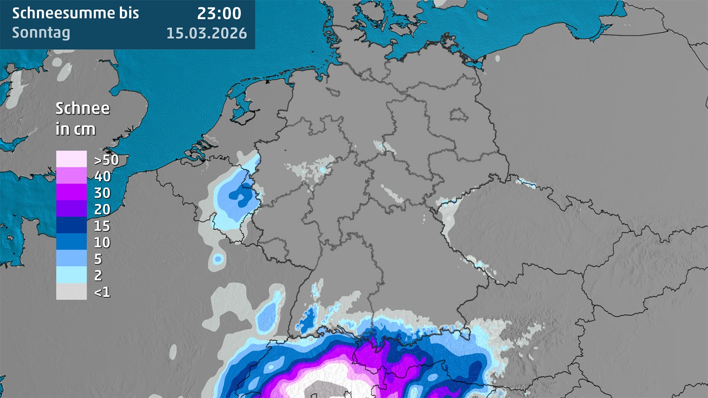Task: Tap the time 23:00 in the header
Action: pyautogui.click(x=219, y=13)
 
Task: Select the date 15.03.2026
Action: pyautogui.click(x=206, y=33)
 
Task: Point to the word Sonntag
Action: pyautogui.click(x=41, y=33)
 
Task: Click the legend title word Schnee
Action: pyautogui.click(x=82, y=108)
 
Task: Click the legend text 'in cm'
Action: pyautogui.click(x=75, y=129)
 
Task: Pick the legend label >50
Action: pyautogui.click(x=106, y=160)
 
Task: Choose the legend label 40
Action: pyautogui.click(x=102, y=176)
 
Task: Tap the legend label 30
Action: pyautogui.click(x=102, y=193)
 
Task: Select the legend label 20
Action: pyautogui.click(x=102, y=209)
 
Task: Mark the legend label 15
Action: pyautogui.click(x=102, y=226)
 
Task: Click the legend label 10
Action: pyautogui.click(x=102, y=242)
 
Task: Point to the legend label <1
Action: pyautogui.click(x=102, y=292)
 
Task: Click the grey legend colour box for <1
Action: pyautogui.click(x=71, y=292)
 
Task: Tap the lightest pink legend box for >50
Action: pyautogui.click(x=71, y=159)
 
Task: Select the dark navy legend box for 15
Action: pyautogui.click(x=71, y=225)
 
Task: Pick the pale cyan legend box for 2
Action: pyautogui.click(x=71, y=275)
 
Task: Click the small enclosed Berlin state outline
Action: pyautogui.click(x=459, y=115)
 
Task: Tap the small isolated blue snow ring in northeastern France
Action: pyautogui.click(x=218, y=259)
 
